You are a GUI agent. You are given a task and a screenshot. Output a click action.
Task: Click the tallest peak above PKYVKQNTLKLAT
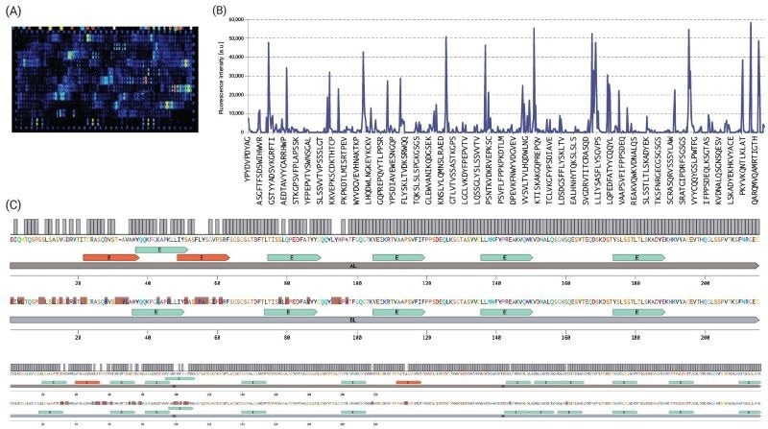tap(750, 23)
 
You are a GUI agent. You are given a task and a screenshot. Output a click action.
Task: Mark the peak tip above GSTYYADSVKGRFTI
tap(268, 43)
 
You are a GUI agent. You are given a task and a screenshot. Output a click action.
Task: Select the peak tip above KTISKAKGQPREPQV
tap(534, 29)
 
